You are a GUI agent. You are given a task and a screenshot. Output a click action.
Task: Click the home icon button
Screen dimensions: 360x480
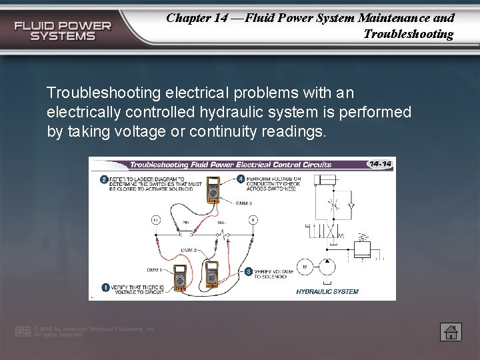click(451, 331)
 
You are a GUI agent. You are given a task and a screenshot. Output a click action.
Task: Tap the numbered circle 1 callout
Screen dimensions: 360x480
click(105, 287)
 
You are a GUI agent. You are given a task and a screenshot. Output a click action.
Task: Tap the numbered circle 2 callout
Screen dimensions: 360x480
click(104, 179)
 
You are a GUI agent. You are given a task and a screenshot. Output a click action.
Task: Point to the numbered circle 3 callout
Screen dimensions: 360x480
click(248, 271)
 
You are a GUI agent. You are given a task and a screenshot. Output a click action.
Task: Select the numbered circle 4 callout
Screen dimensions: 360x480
click(241, 179)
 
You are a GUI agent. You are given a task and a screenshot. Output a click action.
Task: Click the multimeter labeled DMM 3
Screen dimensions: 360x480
click(215, 189)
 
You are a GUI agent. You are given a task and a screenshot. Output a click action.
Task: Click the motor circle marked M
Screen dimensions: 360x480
click(305, 267)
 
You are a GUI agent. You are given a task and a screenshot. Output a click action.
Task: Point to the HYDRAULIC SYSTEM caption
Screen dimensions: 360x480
click(327, 291)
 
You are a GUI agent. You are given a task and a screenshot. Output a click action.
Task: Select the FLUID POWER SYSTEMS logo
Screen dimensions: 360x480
click(63, 31)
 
